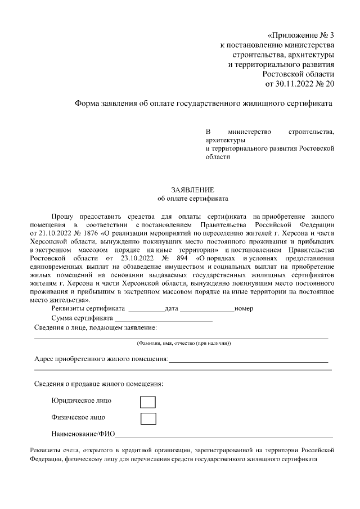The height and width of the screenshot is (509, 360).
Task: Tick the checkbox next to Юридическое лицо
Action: (147, 402)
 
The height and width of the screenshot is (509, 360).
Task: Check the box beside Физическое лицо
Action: (147, 418)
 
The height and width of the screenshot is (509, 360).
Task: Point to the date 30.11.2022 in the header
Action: (295, 84)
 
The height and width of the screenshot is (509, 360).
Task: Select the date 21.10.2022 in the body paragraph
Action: (55, 232)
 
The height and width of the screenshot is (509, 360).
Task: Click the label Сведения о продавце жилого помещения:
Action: (99, 384)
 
